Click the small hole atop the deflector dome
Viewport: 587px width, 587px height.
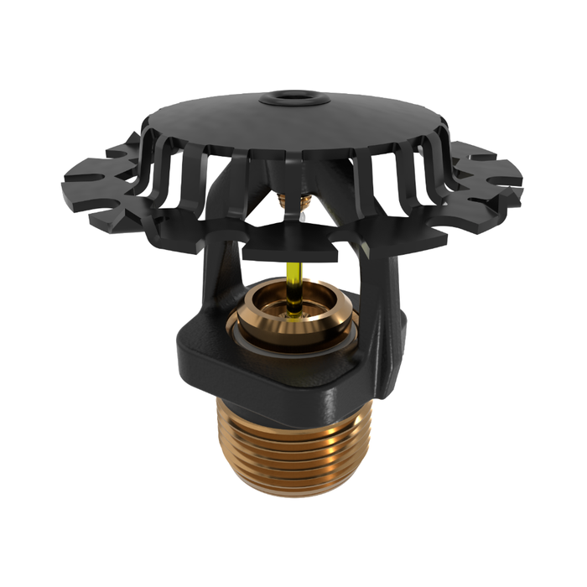(293, 98)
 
